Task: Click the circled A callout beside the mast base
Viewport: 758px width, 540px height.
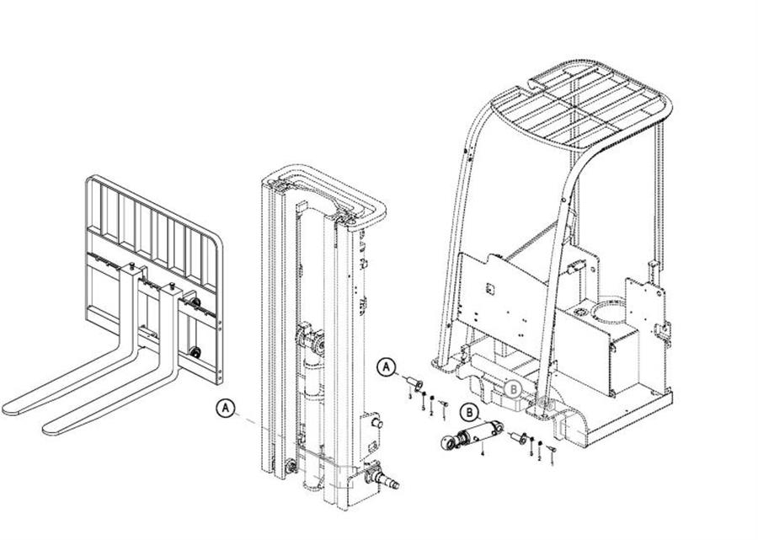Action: point(225,408)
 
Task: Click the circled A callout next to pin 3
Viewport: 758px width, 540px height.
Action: point(386,366)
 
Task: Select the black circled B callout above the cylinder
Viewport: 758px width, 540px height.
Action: point(470,412)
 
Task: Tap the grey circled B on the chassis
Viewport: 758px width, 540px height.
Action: point(514,388)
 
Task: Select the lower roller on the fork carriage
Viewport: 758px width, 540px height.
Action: point(195,352)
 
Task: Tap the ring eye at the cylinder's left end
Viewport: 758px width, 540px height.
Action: point(447,443)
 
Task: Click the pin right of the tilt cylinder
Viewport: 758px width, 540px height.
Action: point(516,437)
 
